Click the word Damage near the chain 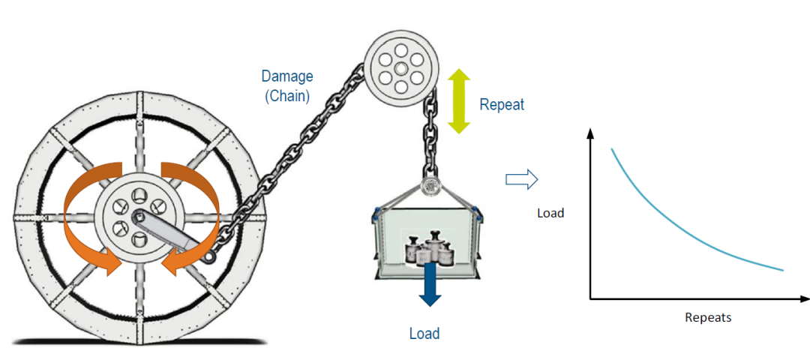point(287,76)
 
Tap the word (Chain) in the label point(287,96)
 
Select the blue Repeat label point(502,105)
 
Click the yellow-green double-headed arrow point(459,101)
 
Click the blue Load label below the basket point(424,334)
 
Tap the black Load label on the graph point(550,213)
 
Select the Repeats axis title point(708,317)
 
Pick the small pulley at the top point(401,69)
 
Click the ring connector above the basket point(429,187)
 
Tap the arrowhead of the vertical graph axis point(590,133)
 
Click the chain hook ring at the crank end point(210,256)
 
